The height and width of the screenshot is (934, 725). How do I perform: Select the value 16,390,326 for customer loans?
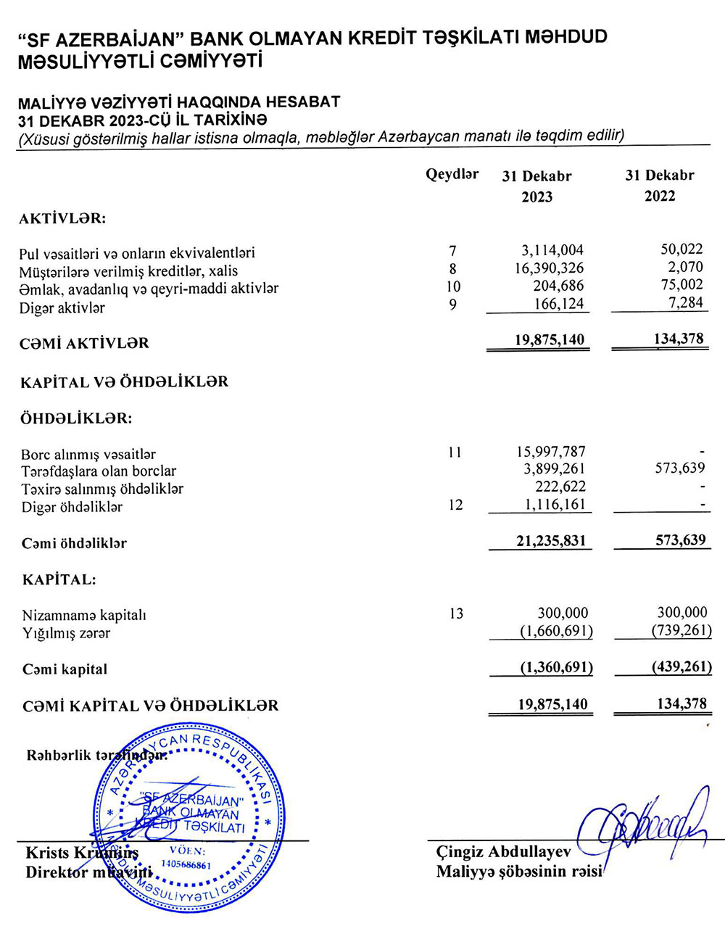click(547, 268)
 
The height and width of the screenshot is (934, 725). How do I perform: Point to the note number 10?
click(454, 287)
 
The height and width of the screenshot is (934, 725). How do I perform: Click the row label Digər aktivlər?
click(62, 307)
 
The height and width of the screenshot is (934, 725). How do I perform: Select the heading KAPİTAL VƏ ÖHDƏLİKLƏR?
click(124, 381)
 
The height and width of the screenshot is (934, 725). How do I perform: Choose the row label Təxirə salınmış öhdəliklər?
click(102, 489)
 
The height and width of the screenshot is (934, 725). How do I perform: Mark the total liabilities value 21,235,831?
click(549, 541)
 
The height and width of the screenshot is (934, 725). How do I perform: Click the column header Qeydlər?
click(452, 175)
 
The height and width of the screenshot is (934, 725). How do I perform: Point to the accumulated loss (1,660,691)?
click(556, 632)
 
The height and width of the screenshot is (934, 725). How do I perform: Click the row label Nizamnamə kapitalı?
click(84, 616)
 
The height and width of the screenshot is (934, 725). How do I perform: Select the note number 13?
click(456, 614)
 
